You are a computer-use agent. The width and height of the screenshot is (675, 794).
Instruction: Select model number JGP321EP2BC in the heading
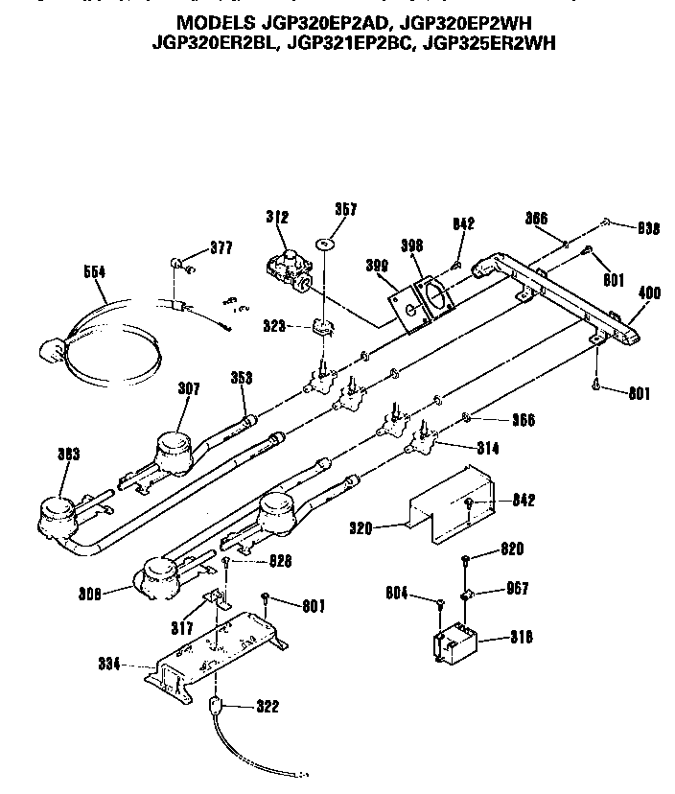[x=361, y=42]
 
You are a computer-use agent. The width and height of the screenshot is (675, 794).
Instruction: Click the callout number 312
[x=277, y=218]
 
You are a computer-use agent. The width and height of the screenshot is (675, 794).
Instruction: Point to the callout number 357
[x=345, y=210]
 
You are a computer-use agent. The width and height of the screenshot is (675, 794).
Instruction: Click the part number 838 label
[x=649, y=228]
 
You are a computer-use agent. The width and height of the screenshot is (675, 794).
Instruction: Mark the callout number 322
[x=267, y=707]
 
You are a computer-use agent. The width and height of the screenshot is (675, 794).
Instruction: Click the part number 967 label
[x=515, y=589]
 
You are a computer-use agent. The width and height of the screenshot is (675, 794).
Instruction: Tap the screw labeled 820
[x=465, y=559]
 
